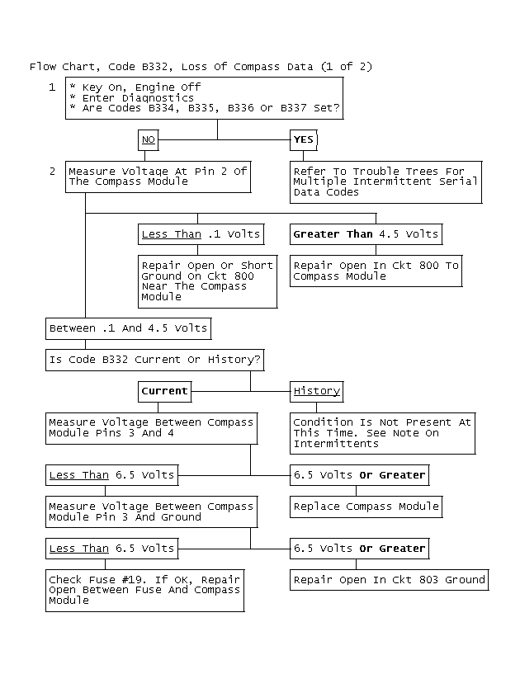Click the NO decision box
pyautogui.click(x=149, y=139)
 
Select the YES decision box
pyautogui.click(x=304, y=139)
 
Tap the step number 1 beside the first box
pyautogui.click(x=52, y=87)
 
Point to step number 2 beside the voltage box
pyautogui.click(x=52, y=172)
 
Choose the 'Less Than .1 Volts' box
pyautogui.click(x=201, y=234)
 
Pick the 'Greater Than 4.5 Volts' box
pyautogui.click(x=365, y=234)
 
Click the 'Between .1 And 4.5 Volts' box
pyautogui.click(x=128, y=328)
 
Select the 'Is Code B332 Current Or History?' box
pyautogui.click(x=156, y=360)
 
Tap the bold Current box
pyautogui.click(x=165, y=390)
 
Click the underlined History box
pyautogui.click(x=317, y=390)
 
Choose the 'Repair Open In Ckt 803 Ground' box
pyautogui.click(x=389, y=580)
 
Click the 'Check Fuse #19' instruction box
pyautogui.click(x=144, y=590)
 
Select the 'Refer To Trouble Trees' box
pyautogui.click(x=385, y=181)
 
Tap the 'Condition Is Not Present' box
pyautogui.click(x=382, y=432)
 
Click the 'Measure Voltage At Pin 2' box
pyautogui.click(x=158, y=177)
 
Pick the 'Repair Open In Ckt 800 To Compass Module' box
pyautogui.click(x=376, y=271)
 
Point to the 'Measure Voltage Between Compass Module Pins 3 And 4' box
pyautogui.click(x=151, y=427)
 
